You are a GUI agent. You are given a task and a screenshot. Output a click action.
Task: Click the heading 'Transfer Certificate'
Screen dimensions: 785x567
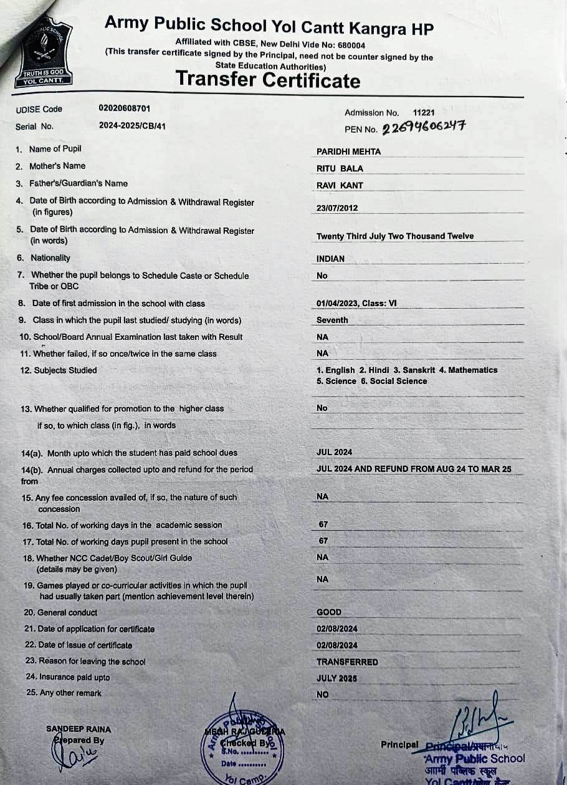pyautogui.click(x=268, y=80)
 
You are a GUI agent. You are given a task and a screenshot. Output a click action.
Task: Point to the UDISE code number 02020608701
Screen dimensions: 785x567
pyautogui.click(x=125, y=108)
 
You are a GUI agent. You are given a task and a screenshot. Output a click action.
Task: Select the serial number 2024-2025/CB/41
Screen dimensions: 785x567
pyautogui.click(x=132, y=125)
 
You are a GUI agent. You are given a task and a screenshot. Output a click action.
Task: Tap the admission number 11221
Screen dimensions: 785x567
pyautogui.click(x=424, y=113)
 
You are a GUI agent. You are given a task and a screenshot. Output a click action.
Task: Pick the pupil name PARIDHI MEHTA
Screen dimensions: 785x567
pyautogui.click(x=348, y=152)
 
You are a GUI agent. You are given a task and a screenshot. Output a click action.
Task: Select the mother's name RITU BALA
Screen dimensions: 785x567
pyautogui.click(x=340, y=168)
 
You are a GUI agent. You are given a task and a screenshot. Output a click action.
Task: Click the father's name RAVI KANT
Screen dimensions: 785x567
pyautogui.click(x=340, y=185)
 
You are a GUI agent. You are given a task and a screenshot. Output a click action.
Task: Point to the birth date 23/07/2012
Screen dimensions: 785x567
pyautogui.click(x=337, y=208)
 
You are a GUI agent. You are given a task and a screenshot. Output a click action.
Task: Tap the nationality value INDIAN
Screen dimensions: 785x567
pyautogui.click(x=330, y=259)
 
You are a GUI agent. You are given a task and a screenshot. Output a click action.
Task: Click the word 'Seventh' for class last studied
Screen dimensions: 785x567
pyautogui.click(x=332, y=320)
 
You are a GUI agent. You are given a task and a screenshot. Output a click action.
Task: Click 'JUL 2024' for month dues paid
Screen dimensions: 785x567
pyautogui.click(x=334, y=453)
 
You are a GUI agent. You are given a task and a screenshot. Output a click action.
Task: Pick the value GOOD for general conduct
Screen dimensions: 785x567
pyautogui.click(x=329, y=612)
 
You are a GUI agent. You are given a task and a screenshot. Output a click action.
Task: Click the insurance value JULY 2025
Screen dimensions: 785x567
pyautogui.click(x=336, y=678)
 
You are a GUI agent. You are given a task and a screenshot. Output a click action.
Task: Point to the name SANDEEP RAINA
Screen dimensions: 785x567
pyautogui.click(x=79, y=729)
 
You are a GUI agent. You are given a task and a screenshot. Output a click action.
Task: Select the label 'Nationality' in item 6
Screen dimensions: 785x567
pyautogui.click(x=50, y=258)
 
